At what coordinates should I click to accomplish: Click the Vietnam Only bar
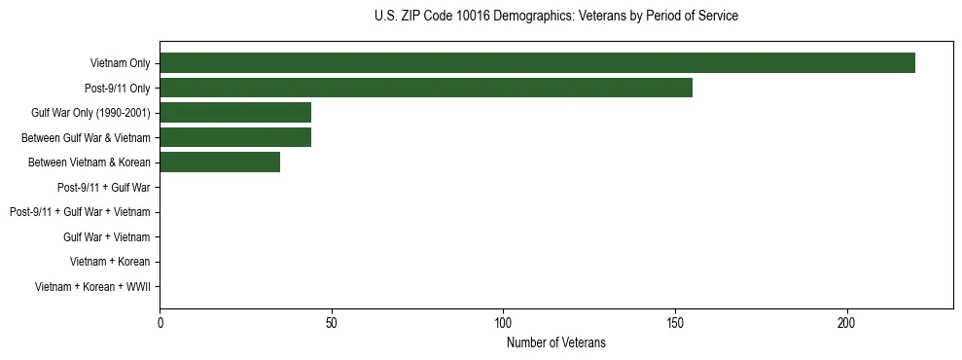537,63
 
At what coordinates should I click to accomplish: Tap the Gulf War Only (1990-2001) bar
235,113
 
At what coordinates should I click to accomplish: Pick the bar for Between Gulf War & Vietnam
235,137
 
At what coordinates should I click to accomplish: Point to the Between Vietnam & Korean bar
220,162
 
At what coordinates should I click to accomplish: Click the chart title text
555,17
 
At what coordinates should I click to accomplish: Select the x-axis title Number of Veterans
555,342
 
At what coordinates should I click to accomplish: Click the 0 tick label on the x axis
160,322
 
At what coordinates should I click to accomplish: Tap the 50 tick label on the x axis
332,322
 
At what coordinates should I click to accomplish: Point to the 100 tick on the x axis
503,322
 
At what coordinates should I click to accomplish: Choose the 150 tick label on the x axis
675,322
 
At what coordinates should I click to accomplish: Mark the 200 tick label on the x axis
846,322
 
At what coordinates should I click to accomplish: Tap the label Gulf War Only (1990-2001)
90,113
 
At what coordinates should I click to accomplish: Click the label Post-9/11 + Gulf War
103,187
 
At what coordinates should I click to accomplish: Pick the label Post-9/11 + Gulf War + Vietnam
80,212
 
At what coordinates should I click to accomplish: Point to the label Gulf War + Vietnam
106,236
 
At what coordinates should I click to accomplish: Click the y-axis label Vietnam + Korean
110,262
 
